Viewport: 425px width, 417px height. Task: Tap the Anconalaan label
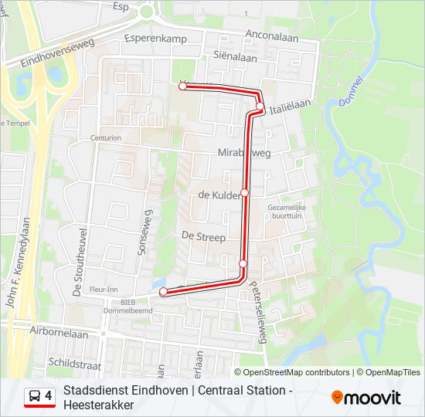click(272, 36)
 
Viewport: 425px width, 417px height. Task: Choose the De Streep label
click(203, 237)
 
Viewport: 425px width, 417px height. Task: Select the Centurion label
click(105, 138)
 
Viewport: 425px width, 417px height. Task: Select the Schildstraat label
click(74, 361)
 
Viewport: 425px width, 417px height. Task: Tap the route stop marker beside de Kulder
click(245, 192)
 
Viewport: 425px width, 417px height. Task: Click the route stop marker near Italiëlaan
click(260, 107)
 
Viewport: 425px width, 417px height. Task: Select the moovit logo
click(366, 397)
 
